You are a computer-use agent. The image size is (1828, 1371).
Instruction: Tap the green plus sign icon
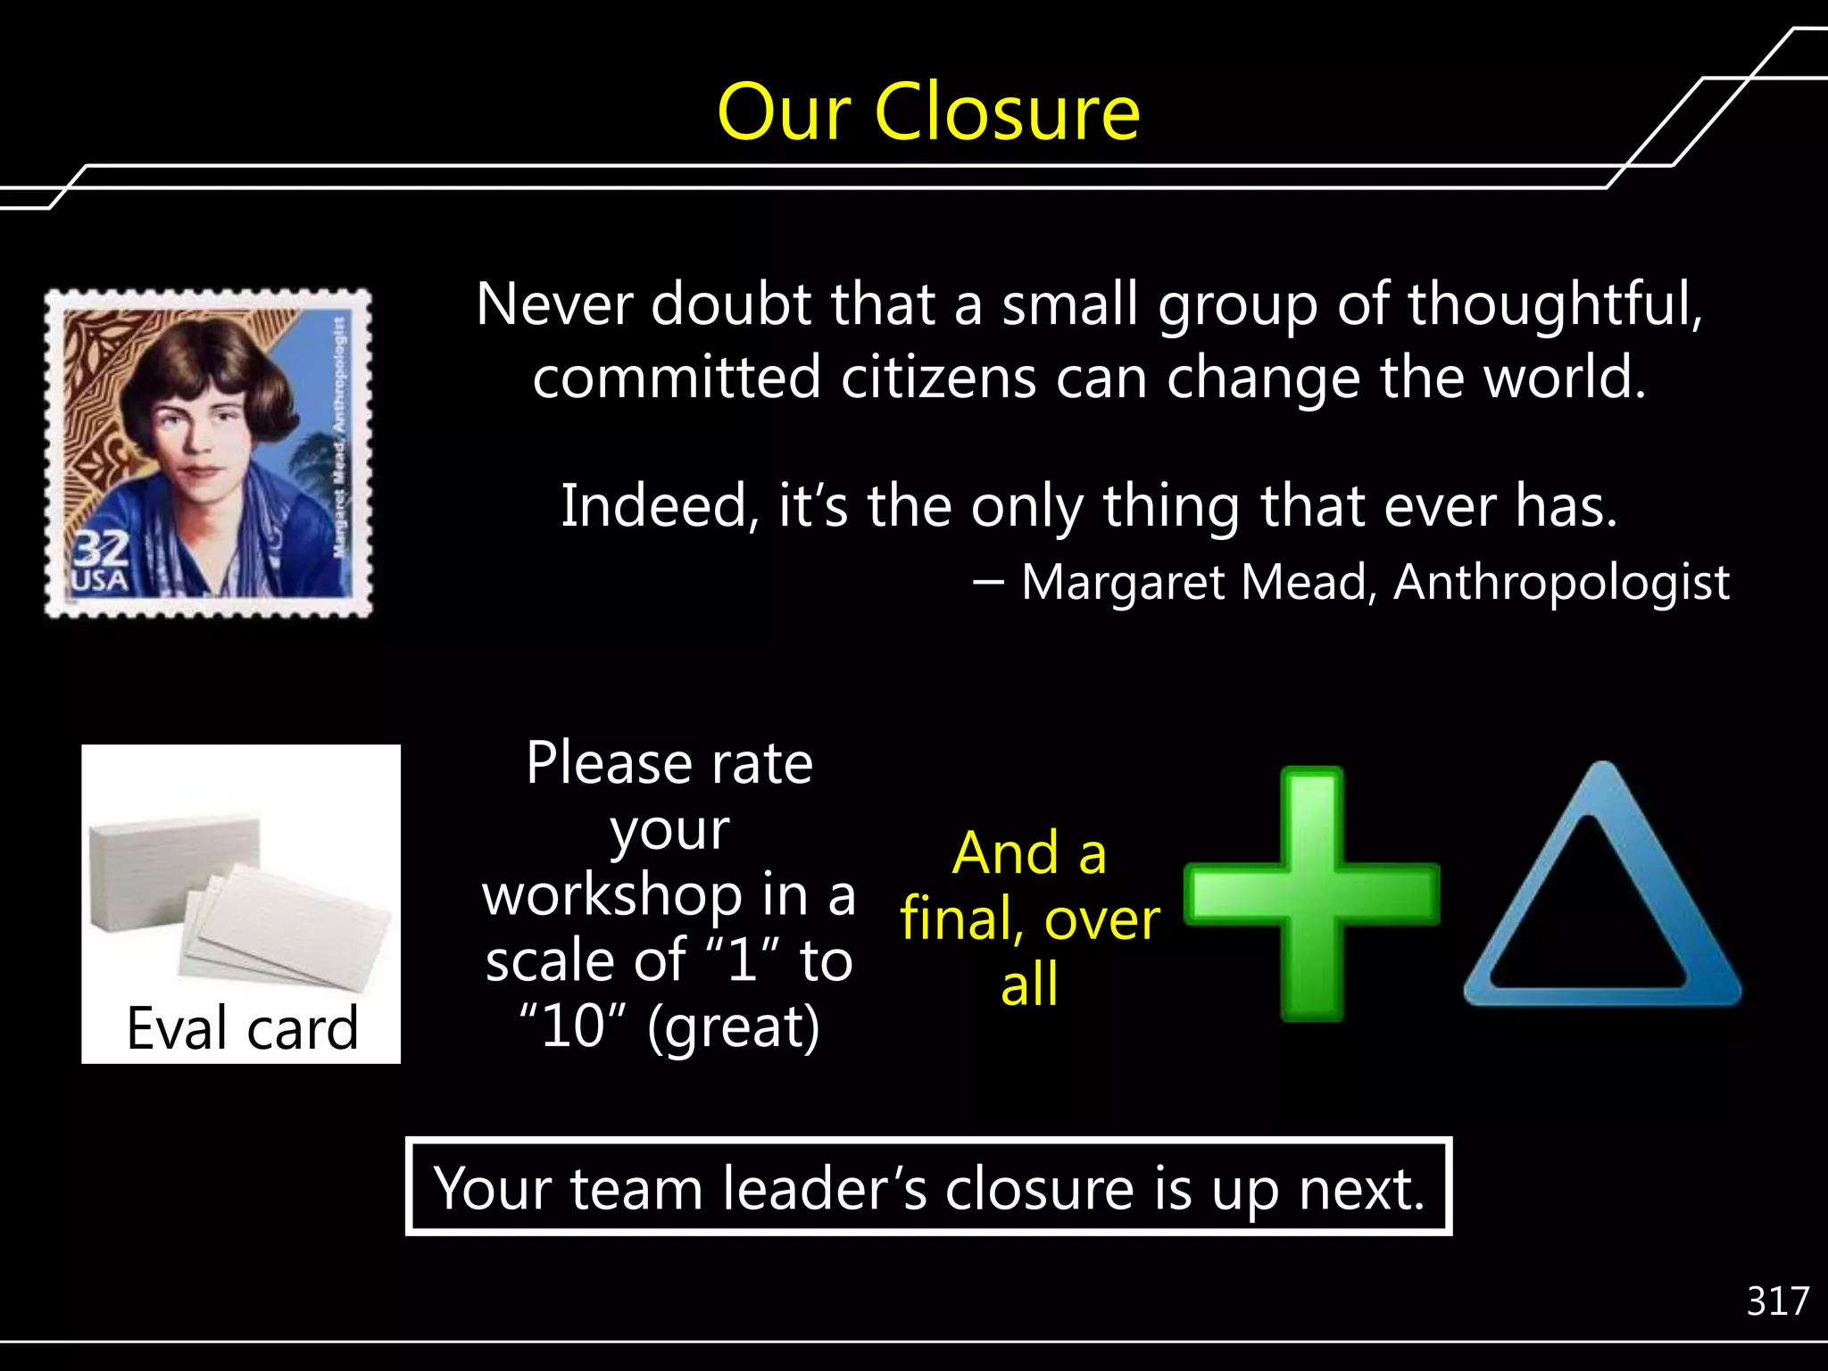coord(1311,893)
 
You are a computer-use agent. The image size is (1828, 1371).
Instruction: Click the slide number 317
coord(1777,1301)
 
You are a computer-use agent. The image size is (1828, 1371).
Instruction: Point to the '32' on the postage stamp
coord(101,549)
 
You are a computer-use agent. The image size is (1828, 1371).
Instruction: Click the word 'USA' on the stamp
coord(100,582)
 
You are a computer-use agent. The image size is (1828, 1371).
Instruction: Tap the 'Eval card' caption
coord(242,1028)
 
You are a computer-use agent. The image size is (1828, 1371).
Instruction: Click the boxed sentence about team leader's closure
coord(928,1188)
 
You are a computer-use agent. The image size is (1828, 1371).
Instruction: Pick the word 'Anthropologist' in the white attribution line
coord(1561,582)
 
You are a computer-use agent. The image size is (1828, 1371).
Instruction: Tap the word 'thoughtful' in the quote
coord(1554,304)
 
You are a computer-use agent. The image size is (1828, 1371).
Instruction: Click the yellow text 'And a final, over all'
coord(1030,918)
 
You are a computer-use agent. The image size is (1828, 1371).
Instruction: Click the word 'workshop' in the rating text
coord(612,895)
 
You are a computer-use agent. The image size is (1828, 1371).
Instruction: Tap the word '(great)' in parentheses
coord(734,1028)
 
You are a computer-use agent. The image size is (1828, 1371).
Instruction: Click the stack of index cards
coord(239,902)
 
